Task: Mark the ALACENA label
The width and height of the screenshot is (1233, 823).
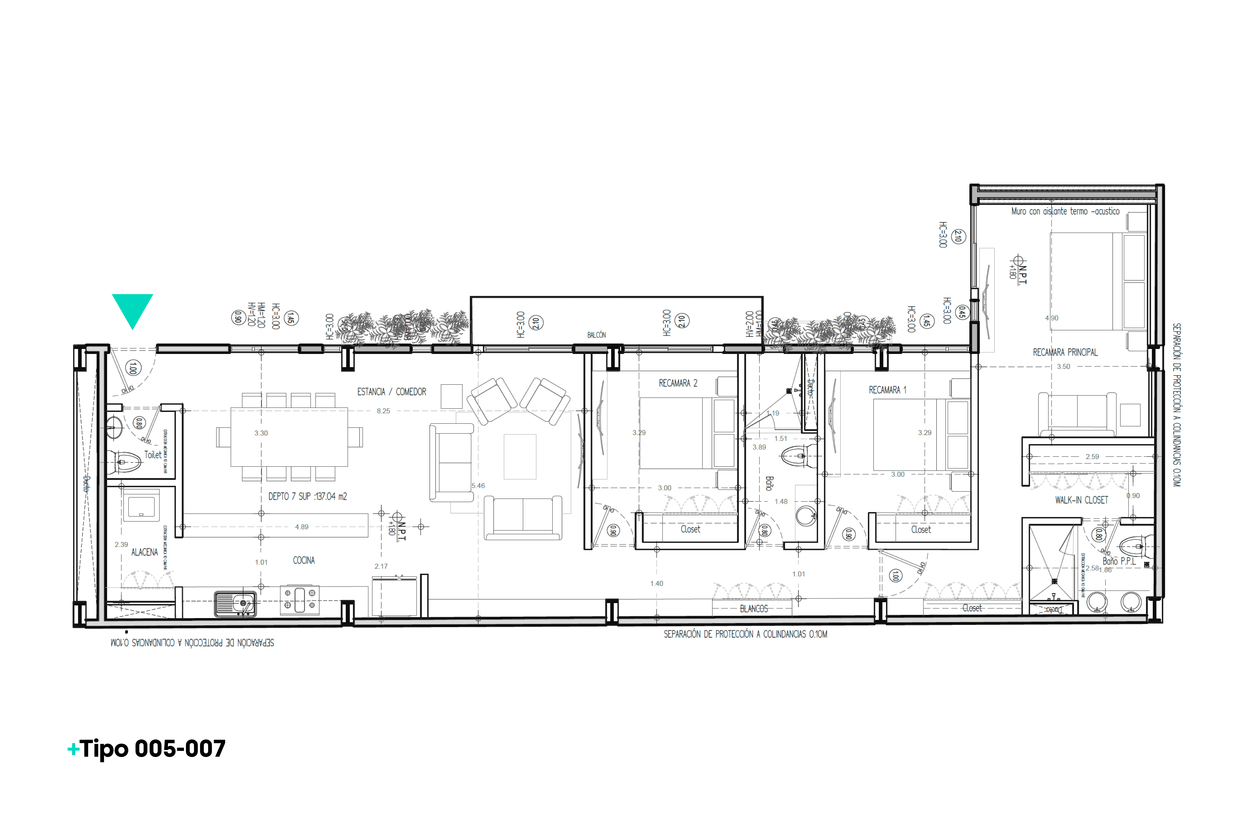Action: [144, 552]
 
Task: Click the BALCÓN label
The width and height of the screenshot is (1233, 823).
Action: [596, 335]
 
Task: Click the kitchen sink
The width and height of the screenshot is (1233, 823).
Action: [236, 604]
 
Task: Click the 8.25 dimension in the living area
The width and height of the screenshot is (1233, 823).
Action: [384, 411]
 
